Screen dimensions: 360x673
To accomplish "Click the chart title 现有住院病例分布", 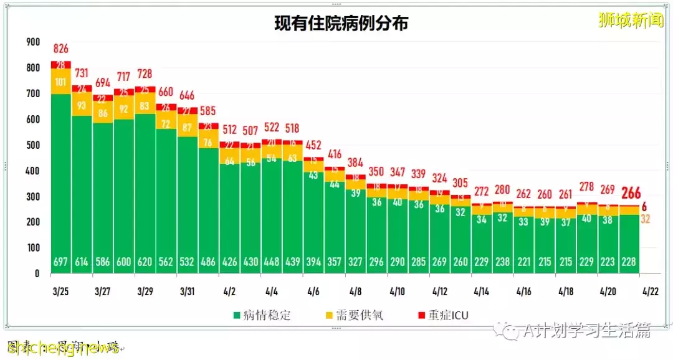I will tap(341, 24).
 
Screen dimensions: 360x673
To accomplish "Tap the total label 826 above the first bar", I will tap(60, 49).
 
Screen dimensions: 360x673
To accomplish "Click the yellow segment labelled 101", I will tap(60, 82).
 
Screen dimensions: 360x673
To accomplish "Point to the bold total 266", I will tap(631, 193).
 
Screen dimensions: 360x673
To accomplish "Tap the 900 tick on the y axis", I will tap(32, 42).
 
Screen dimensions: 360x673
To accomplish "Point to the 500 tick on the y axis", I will tap(32, 145).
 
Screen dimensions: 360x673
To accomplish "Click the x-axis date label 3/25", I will tap(60, 291).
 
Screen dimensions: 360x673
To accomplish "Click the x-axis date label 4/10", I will tap(399, 291).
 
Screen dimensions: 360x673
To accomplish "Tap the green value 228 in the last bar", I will tap(629, 262).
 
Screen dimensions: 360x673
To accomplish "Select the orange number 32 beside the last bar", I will tap(646, 219).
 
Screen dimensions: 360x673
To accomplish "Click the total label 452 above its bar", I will tap(313, 145).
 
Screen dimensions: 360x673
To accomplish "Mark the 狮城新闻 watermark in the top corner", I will tap(629, 21).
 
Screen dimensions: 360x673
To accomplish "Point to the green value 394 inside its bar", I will tap(313, 262).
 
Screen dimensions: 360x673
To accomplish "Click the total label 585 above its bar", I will tap(208, 111).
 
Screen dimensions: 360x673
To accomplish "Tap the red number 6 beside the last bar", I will tap(644, 206).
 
